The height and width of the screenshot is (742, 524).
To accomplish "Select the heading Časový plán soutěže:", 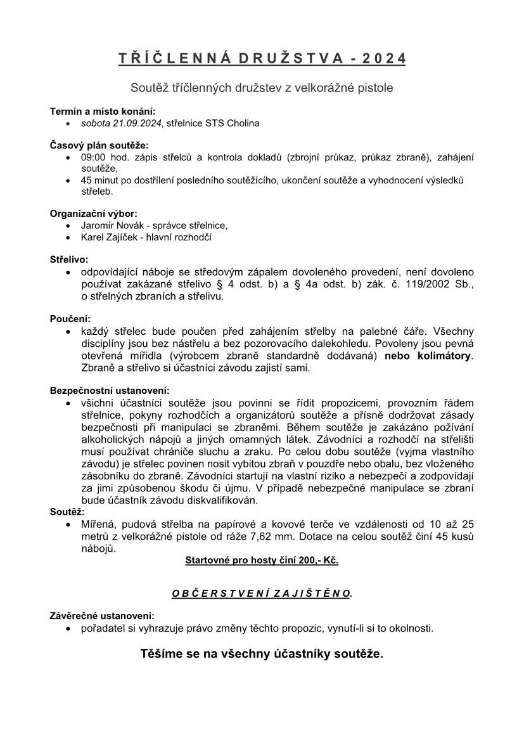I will click(98, 145).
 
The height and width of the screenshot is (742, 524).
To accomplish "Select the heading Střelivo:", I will click(69, 259).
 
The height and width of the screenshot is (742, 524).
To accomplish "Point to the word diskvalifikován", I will click(220, 500).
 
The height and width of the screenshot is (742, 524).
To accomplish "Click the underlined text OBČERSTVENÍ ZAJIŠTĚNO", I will click(261, 594).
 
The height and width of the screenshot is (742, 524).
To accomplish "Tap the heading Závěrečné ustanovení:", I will click(101, 616).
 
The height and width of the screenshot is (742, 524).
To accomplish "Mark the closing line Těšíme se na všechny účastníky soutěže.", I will click(262, 654).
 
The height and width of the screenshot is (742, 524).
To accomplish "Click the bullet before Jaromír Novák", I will click(68, 226).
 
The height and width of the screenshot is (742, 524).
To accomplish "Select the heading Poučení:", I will click(70, 319).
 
